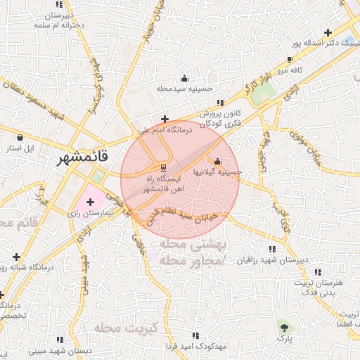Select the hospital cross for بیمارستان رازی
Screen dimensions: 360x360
(x=90, y=202)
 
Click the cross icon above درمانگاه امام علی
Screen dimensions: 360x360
(x=165, y=119)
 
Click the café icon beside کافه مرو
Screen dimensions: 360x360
(x=290, y=60)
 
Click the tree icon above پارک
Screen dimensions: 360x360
(x=283, y=327)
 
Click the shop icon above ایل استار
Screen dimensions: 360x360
(x=20, y=137)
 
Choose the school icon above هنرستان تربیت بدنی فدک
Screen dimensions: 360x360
(x=316, y=271)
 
